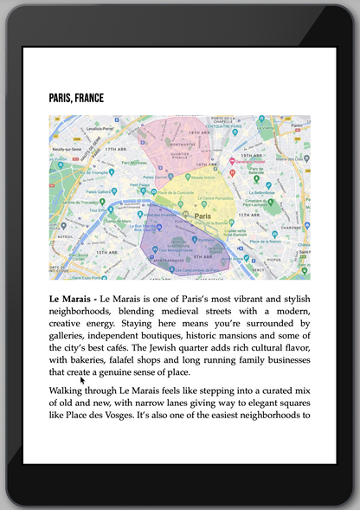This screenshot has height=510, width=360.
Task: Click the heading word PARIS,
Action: click(61, 98)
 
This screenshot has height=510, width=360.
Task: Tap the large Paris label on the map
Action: click(203, 216)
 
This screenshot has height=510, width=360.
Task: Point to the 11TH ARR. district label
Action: click(249, 214)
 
